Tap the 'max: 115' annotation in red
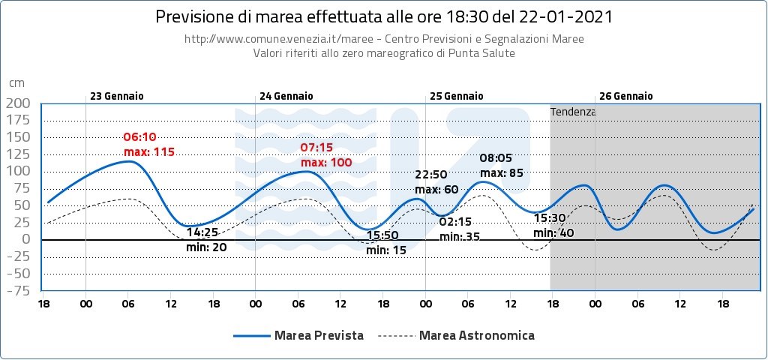pyautogui.click(x=149, y=152)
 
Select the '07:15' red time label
pyautogui.click(x=316, y=148)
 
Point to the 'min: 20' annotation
pyautogui.click(x=206, y=246)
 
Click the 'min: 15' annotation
pyautogui.click(x=386, y=250)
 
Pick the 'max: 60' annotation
pyautogui.click(x=436, y=189)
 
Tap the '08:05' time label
pyautogui.click(x=495, y=158)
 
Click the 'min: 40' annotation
pyautogui.click(x=553, y=232)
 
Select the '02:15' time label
pyautogui.click(x=454, y=222)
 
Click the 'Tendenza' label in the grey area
pyautogui.click(x=573, y=112)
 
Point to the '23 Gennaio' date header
pyautogui.click(x=117, y=96)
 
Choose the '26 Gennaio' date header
pyautogui.click(x=626, y=96)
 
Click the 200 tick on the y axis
pyautogui.click(x=19, y=103)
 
